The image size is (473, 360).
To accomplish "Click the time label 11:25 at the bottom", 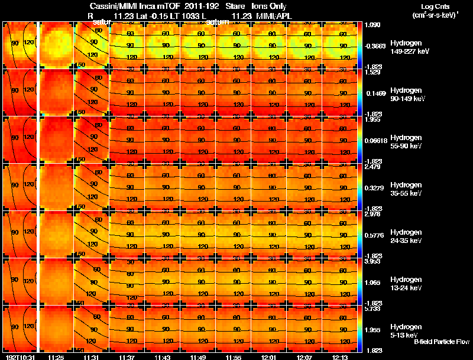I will click(56, 357).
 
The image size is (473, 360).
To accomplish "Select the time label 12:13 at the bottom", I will click(341, 357).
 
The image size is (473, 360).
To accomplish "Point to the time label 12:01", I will click(270, 357).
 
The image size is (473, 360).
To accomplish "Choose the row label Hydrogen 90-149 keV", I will click(407, 95).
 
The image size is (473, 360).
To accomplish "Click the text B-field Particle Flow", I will click(441, 342).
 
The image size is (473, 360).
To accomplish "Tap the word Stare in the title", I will click(228, 6).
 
